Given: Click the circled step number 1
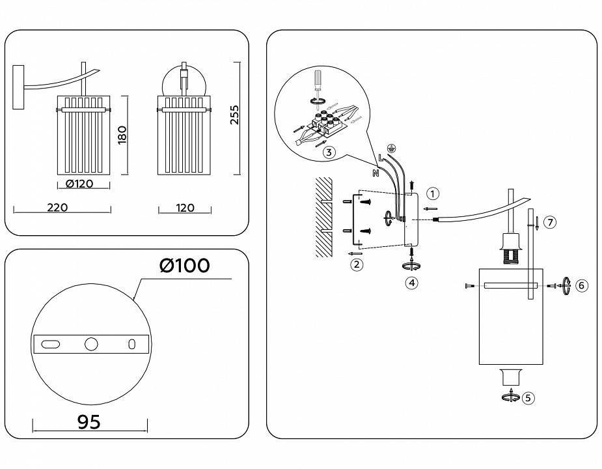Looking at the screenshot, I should point(433,193).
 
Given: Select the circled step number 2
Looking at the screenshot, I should point(356,264).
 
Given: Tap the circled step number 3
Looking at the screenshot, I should point(329,153).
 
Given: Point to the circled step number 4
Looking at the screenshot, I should point(411,283).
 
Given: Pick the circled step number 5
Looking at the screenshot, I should point(528,397).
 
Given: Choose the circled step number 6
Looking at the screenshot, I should point(582,285).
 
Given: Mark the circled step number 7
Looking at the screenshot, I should point(550,223).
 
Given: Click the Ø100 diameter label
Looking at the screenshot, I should point(185,266).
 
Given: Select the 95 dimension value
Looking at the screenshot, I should point(89,422).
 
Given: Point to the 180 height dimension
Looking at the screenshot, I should point(122,135).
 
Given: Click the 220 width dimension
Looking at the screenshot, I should point(58,208).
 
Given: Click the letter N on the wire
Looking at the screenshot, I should point(376,173).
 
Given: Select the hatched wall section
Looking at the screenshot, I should point(323,215).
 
